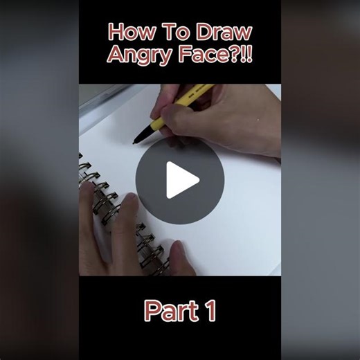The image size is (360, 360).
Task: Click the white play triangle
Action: [182, 181]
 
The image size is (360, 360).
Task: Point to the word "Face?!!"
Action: [210, 55]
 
